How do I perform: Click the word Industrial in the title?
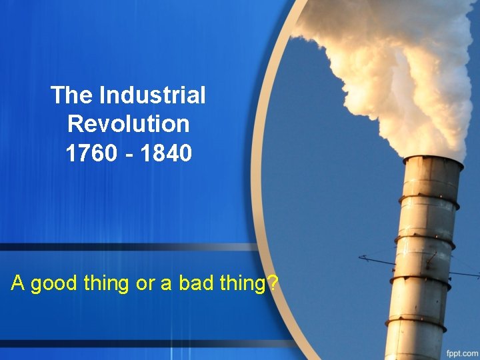pos(152,95)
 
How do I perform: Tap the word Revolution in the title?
pos(129,124)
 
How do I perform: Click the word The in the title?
pos(73,95)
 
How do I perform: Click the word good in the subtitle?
pos(56,284)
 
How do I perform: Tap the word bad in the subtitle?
pos(189,283)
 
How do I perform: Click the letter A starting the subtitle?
pos(18,283)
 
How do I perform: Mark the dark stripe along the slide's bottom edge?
pos(133,344)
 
